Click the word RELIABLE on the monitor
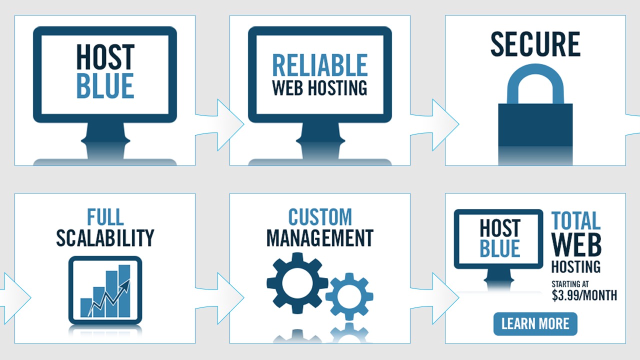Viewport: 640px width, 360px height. tap(319, 65)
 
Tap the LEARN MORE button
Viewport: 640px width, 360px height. tap(535, 323)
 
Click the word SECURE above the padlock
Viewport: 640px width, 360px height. tap(535, 43)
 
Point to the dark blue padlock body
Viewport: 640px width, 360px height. tap(535, 125)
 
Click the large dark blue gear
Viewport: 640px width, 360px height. tap(297, 283)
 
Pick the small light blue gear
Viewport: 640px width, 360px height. tap(349, 296)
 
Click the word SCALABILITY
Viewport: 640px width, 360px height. tap(105, 238)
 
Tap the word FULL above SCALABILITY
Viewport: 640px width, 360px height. tap(105, 217)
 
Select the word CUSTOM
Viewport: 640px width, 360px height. tap(320, 217)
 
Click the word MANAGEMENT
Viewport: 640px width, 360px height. tap(320, 238)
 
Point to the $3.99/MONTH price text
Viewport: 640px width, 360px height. tap(584, 295)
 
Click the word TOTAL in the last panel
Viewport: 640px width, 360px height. tap(576, 220)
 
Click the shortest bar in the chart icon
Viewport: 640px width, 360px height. tap(86, 307)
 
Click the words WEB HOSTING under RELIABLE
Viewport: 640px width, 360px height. tap(319, 87)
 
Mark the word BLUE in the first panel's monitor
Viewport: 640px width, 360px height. tap(105, 85)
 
